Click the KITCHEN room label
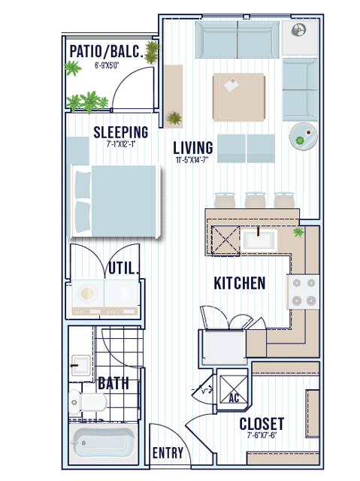click(240, 283)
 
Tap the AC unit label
click(234, 398)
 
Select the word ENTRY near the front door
click(168, 452)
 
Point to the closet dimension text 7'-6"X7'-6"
click(262, 435)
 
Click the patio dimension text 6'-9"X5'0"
click(107, 65)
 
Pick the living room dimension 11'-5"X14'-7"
click(192, 160)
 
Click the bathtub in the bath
click(103, 443)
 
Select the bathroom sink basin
click(80, 365)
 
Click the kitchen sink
click(259, 240)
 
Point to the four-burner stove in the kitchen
click(304, 292)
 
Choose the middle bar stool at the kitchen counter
click(255, 200)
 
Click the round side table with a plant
click(304, 137)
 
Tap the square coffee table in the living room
click(239, 97)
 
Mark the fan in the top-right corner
click(298, 30)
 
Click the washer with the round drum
click(88, 294)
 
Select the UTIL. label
click(123, 268)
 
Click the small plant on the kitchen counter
click(298, 232)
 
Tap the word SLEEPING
click(121, 132)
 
